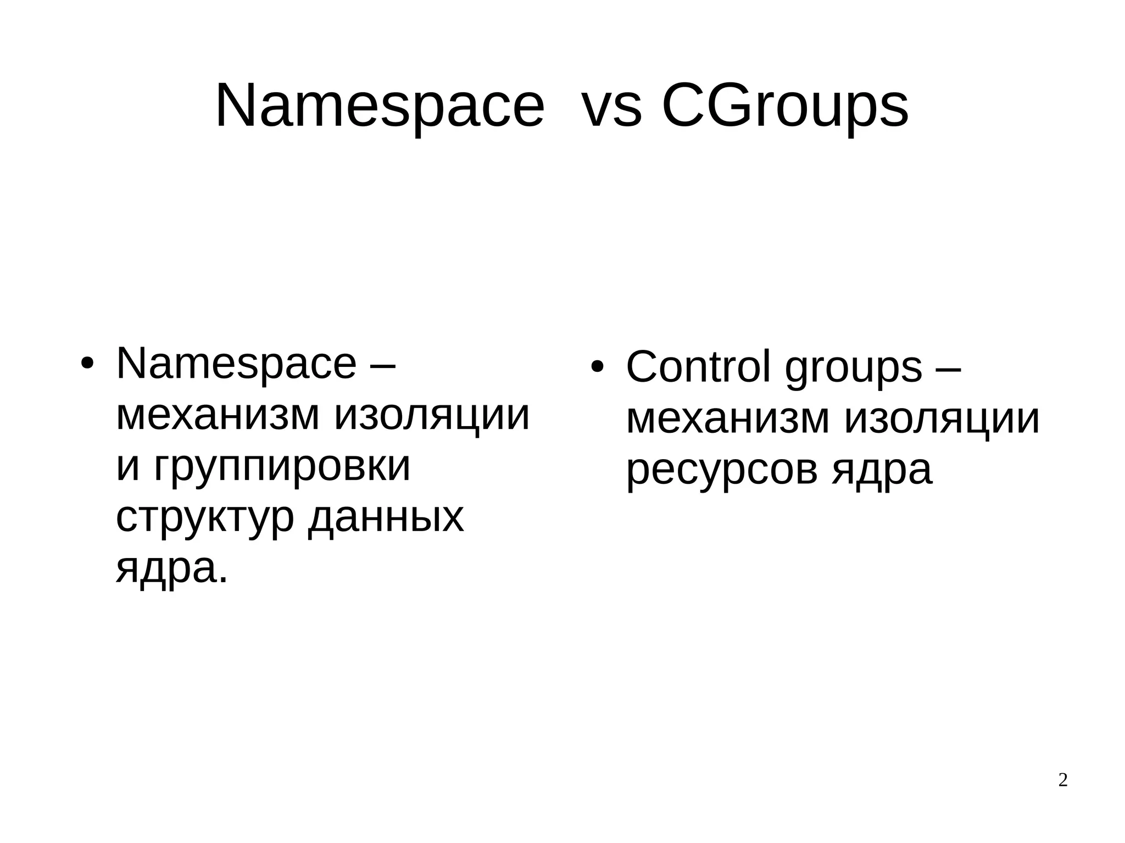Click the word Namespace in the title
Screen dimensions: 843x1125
coord(380,105)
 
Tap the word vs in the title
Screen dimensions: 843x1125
coord(611,105)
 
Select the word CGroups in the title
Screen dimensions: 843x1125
coord(785,105)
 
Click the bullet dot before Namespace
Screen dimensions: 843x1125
coord(88,364)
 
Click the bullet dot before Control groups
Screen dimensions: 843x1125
coord(597,366)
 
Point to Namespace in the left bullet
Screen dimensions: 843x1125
coord(236,364)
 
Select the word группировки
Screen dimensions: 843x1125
coord(282,466)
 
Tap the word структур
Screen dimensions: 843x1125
coord(205,517)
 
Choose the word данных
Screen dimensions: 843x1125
coord(386,517)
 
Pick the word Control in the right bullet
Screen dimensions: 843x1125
coord(698,367)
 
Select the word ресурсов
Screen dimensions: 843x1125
coord(721,470)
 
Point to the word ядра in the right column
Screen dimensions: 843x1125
coord(882,470)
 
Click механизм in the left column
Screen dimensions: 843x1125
coord(218,415)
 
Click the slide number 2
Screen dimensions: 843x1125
coord(1063,780)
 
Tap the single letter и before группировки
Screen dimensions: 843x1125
coord(128,466)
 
